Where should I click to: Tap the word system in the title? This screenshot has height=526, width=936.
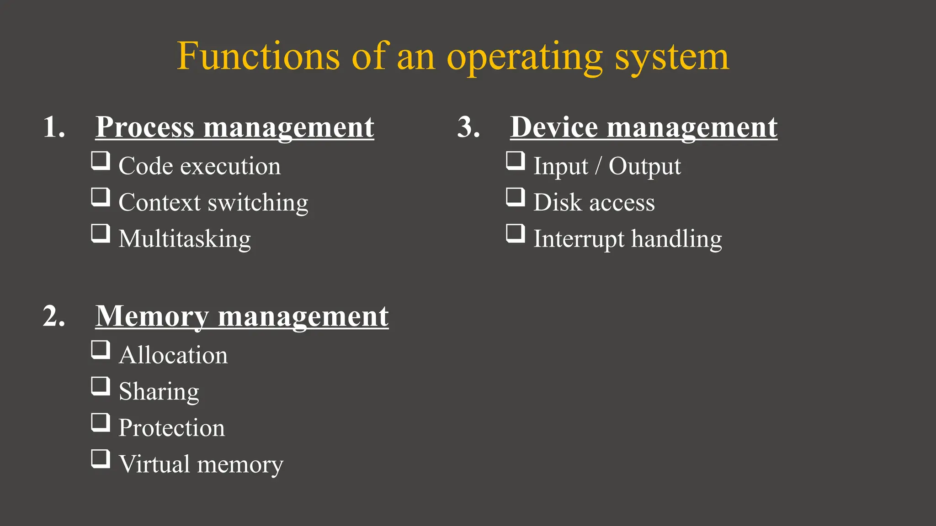click(x=671, y=57)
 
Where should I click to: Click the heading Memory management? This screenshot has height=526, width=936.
click(x=242, y=316)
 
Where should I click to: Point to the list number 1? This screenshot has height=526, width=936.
click(x=54, y=127)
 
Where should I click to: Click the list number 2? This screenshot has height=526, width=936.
click(x=54, y=316)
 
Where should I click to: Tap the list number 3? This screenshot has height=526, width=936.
click(x=468, y=127)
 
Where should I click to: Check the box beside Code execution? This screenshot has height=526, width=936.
click(x=101, y=161)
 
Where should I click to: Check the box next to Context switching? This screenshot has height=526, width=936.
click(x=101, y=197)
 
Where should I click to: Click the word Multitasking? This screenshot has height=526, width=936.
click(x=185, y=239)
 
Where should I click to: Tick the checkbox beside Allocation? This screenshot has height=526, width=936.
click(x=101, y=350)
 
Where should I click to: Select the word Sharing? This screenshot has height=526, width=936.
click(x=159, y=391)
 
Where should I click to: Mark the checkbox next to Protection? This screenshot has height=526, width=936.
click(x=101, y=422)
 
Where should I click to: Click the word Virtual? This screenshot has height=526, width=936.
click(x=154, y=464)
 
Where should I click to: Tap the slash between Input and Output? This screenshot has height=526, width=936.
click(x=598, y=166)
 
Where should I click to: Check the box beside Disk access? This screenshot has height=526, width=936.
click(x=516, y=197)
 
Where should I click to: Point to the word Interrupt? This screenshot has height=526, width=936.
click(x=579, y=239)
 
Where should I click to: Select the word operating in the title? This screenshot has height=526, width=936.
click(x=525, y=57)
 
